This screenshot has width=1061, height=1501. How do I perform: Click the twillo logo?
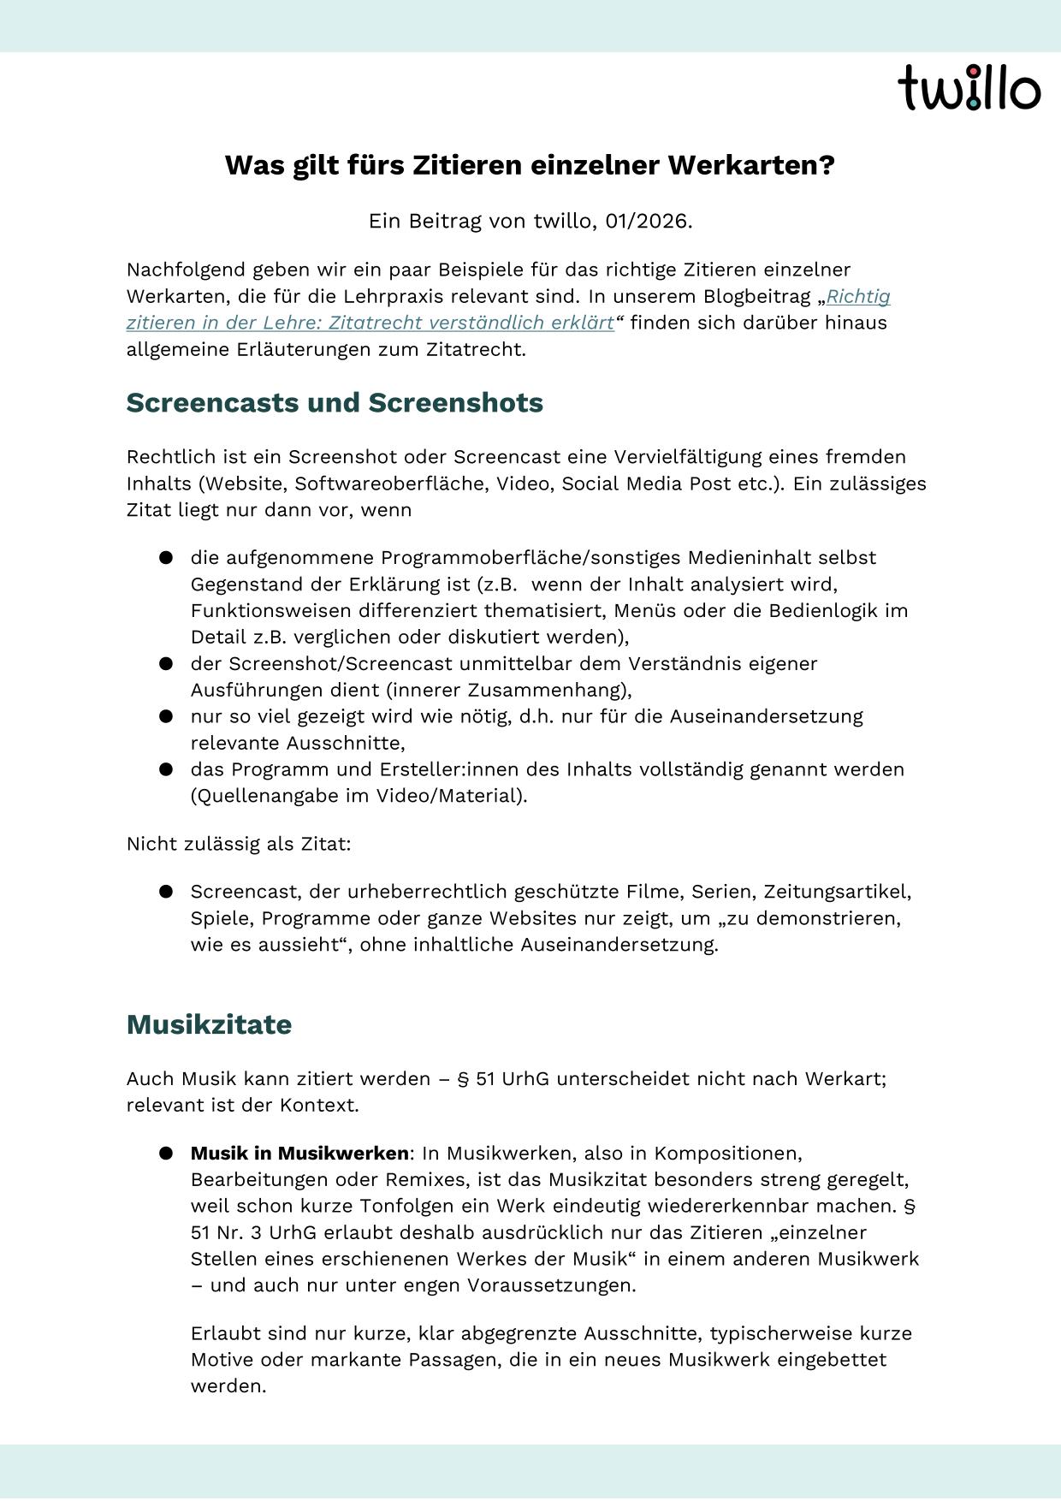click(969, 87)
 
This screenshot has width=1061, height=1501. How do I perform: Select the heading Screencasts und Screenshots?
click(335, 402)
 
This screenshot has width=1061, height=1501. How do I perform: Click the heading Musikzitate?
click(209, 1024)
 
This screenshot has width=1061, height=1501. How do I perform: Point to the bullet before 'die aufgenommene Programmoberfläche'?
click(166, 558)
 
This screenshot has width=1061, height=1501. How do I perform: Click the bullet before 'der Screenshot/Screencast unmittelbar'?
click(166, 664)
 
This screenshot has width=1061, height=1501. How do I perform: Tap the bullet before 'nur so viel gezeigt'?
click(166, 716)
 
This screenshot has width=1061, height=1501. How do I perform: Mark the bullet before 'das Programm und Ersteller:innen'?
click(166, 769)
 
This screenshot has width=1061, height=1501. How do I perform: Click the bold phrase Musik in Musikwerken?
click(299, 1153)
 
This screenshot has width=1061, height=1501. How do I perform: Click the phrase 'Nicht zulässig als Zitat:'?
click(239, 844)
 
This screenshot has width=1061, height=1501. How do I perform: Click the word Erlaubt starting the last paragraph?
click(224, 1333)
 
